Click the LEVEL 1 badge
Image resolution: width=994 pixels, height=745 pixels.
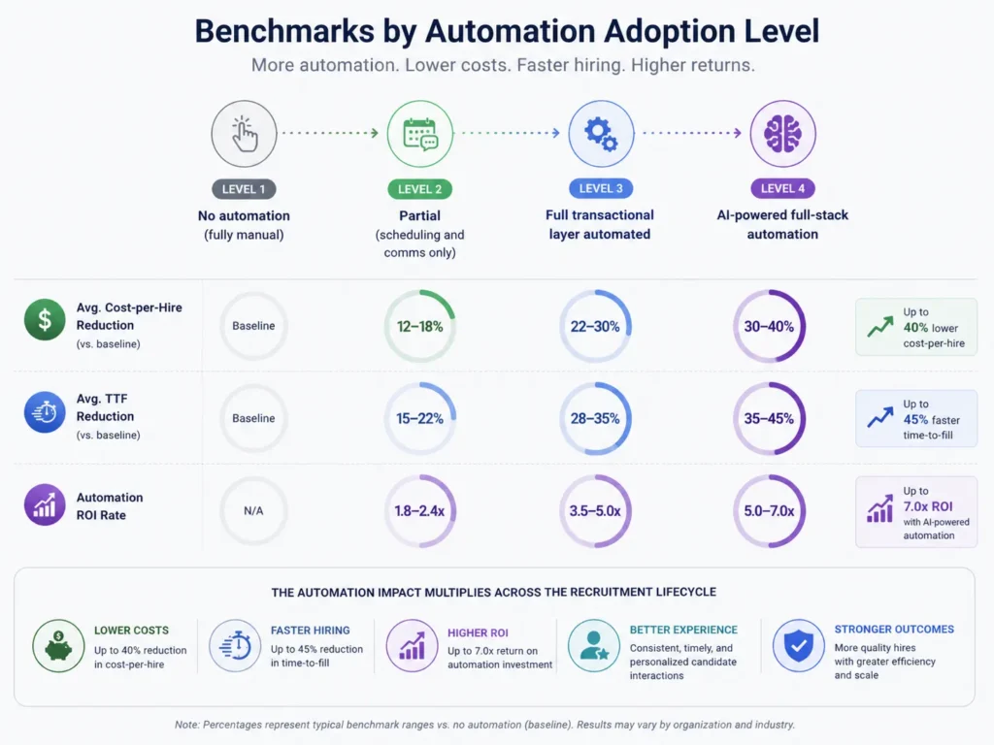pyautogui.click(x=244, y=188)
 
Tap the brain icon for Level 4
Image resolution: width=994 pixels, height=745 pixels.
pyautogui.click(x=782, y=133)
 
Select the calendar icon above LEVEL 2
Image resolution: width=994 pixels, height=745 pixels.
pyautogui.click(x=419, y=133)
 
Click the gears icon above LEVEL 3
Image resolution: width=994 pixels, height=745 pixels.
pyautogui.click(x=601, y=133)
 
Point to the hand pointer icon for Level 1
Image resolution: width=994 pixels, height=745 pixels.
pyautogui.click(x=244, y=133)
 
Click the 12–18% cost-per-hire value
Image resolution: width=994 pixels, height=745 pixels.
pyautogui.click(x=419, y=326)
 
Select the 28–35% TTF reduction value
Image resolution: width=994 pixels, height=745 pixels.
pyautogui.click(x=595, y=418)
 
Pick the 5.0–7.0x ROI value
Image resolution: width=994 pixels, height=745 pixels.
pyautogui.click(x=769, y=510)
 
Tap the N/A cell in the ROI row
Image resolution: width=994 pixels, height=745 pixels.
pyautogui.click(x=253, y=510)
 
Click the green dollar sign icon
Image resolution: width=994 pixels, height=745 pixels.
pyautogui.click(x=45, y=320)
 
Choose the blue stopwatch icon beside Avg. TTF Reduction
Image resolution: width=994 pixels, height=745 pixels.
pyautogui.click(x=45, y=412)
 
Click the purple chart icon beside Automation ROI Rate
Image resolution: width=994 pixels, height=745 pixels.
pyautogui.click(x=45, y=505)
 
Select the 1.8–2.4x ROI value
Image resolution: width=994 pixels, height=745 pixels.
pyautogui.click(x=419, y=510)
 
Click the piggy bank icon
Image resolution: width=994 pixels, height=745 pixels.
pyautogui.click(x=58, y=645)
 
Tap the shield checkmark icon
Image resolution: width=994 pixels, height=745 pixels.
pyautogui.click(x=798, y=645)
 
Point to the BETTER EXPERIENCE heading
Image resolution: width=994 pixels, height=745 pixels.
pyautogui.click(x=683, y=630)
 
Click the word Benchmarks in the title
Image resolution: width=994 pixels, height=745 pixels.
pyautogui.click(x=281, y=31)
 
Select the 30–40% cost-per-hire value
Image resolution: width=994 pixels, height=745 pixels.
pyautogui.click(x=769, y=326)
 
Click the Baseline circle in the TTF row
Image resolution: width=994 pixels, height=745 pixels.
pyautogui.click(x=253, y=418)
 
